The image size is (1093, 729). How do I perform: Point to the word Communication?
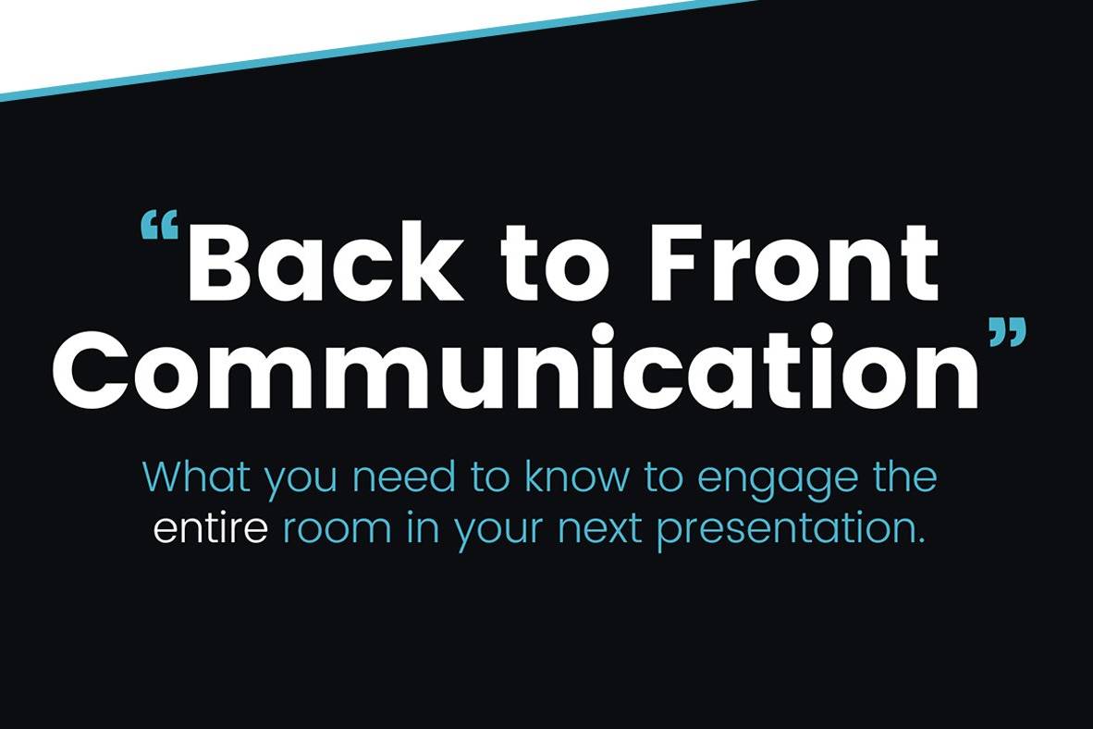516,367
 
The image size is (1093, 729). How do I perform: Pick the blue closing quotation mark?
1008,332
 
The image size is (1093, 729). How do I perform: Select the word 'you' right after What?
301,481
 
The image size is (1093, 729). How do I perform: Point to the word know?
576,476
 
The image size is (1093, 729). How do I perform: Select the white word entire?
211,528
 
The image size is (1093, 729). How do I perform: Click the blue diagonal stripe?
380,49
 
